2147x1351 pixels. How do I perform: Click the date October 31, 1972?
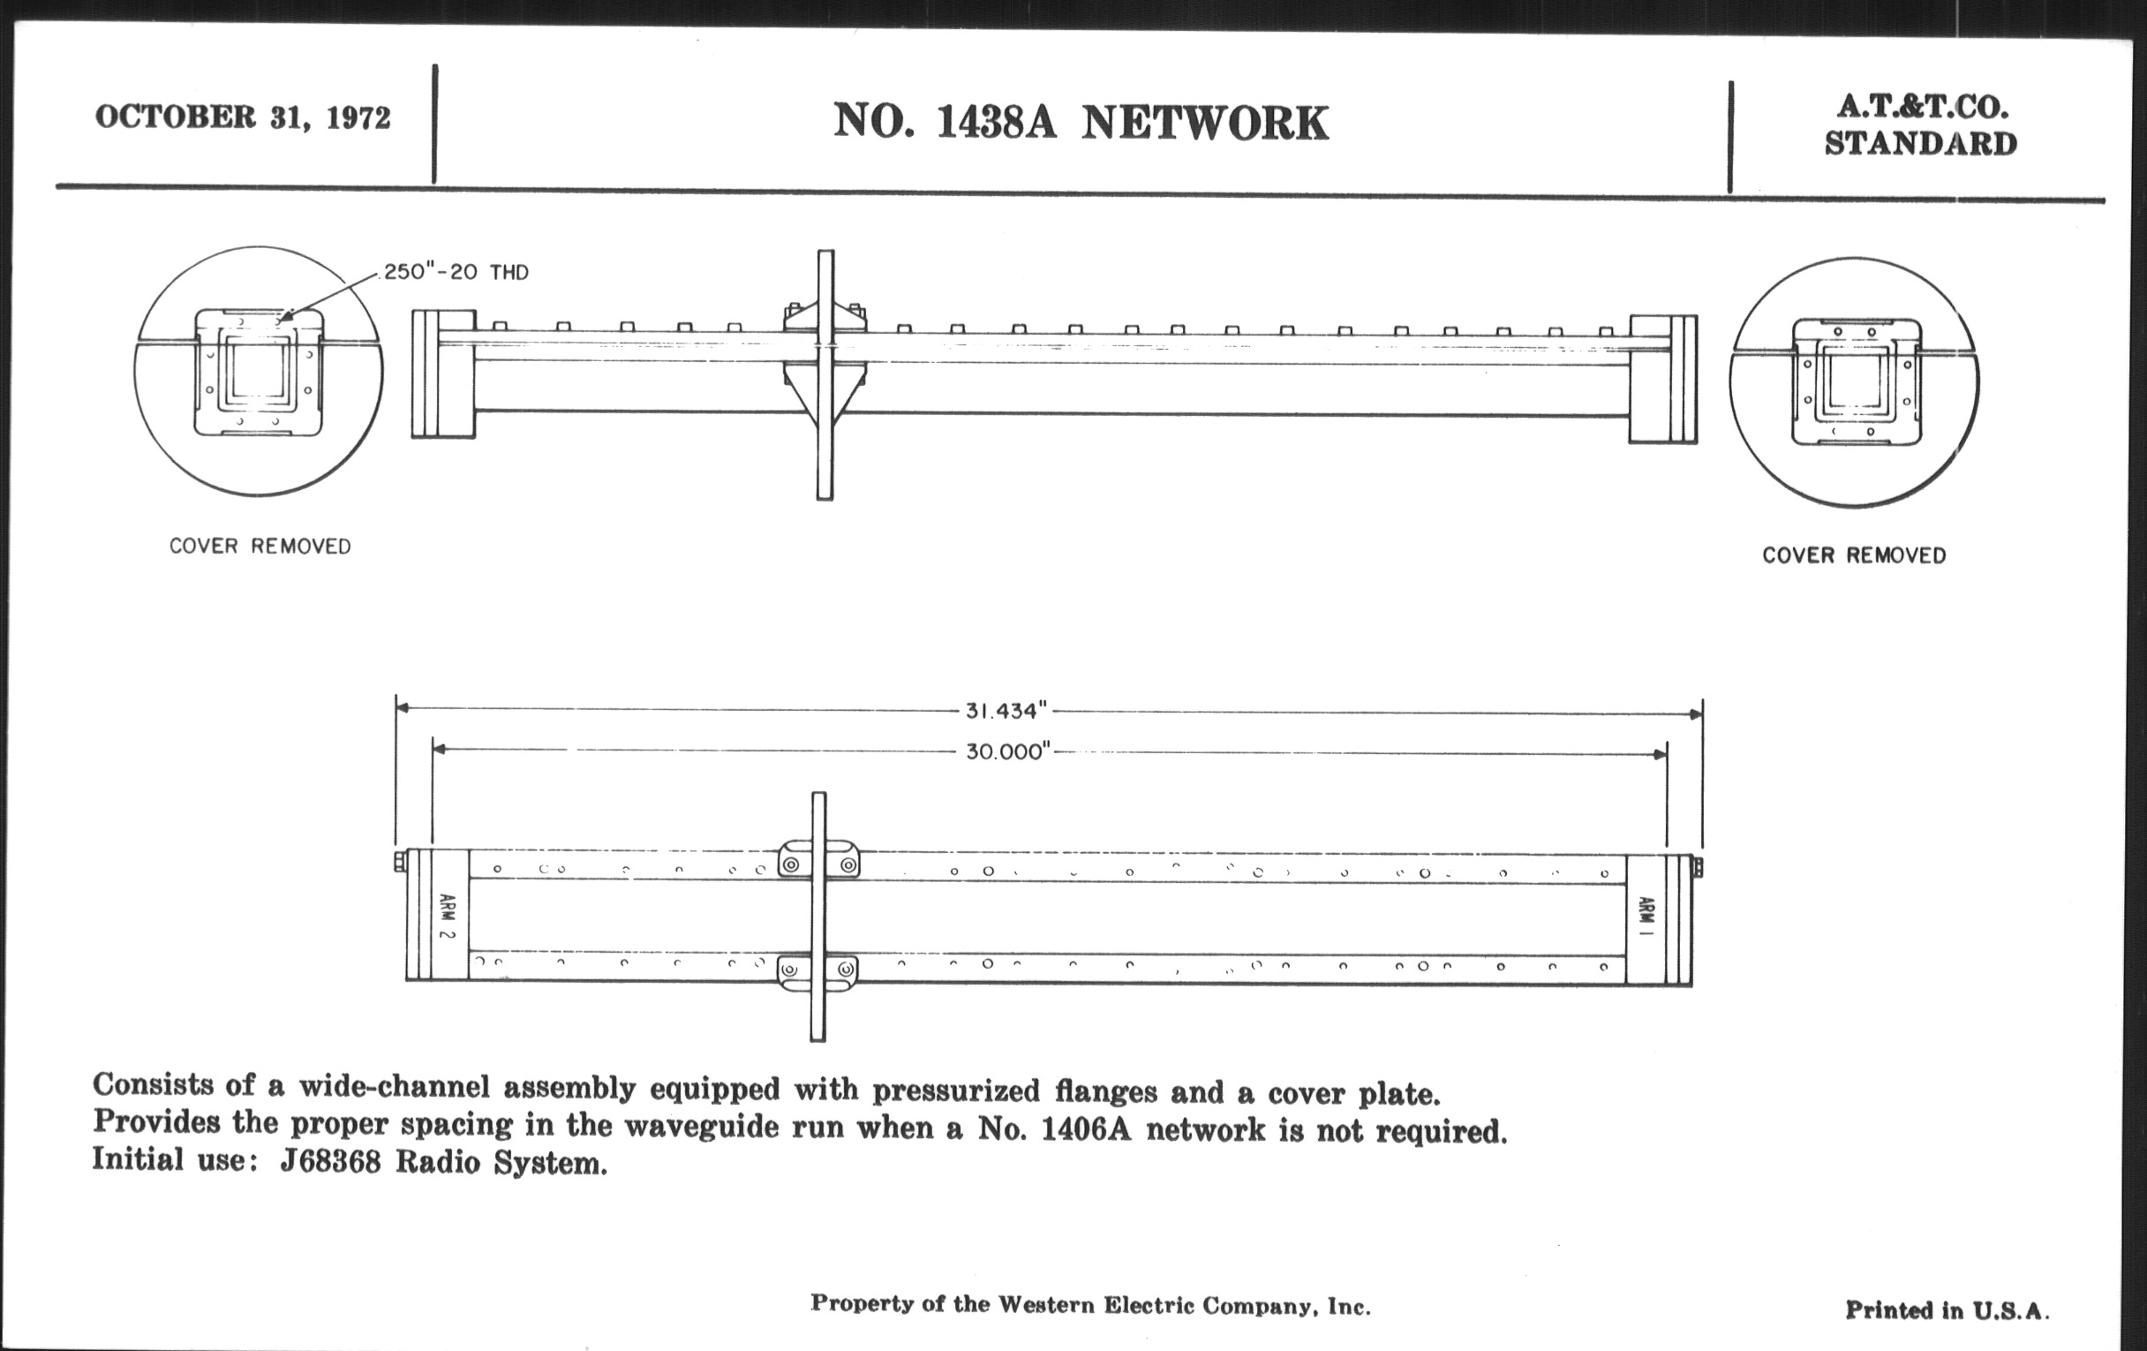point(243,117)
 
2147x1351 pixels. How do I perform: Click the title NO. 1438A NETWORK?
point(1081,122)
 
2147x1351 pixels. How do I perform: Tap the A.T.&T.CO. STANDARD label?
point(1920,125)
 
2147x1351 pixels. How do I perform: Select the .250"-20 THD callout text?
point(455,272)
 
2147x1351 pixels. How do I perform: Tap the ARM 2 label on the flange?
point(448,916)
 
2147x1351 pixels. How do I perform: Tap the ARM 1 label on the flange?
point(1646,917)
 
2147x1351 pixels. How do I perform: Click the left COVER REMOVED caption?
point(260,546)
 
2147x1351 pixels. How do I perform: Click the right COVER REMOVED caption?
point(1854,555)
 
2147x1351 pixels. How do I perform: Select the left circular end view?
point(259,371)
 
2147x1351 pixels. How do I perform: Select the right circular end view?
point(1855,381)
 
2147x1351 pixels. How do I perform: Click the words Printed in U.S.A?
point(1947,1310)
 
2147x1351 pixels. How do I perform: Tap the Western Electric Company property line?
point(1090,1305)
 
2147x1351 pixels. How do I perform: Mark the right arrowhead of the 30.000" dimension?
point(1661,754)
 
